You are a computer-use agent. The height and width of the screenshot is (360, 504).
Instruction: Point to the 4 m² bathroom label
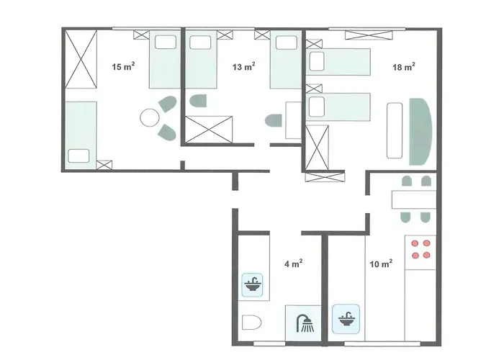click(292, 264)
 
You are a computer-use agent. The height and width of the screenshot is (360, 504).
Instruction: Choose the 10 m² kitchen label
click(380, 264)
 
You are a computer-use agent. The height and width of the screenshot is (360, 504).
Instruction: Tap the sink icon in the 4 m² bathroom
click(253, 284)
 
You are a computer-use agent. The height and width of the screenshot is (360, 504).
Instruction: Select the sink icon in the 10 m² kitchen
click(346, 317)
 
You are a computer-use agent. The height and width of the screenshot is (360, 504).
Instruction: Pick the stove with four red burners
click(420, 249)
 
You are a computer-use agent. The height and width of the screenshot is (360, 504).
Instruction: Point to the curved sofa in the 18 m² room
click(420, 130)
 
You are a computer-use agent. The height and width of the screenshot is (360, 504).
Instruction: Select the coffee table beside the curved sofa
click(395, 130)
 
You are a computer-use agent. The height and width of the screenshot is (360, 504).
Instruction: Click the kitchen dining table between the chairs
click(413, 199)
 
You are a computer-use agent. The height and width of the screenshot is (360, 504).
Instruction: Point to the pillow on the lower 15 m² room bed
click(78, 155)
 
